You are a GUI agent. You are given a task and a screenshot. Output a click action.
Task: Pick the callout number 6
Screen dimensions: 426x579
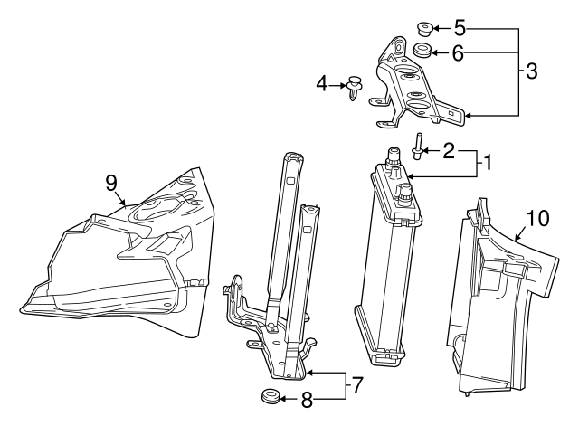pyautogui.click(x=457, y=53)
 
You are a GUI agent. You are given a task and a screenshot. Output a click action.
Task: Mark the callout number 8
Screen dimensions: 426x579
pyautogui.click(x=308, y=398)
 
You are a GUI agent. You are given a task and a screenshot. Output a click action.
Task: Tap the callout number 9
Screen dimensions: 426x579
pyautogui.click(x=111, y=183)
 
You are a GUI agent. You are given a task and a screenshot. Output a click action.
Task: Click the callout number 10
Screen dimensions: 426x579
pyautogui.click(x=537, y=219)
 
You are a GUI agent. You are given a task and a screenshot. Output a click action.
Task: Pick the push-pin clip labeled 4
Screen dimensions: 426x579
pyautogui.click(x=354, y=89)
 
